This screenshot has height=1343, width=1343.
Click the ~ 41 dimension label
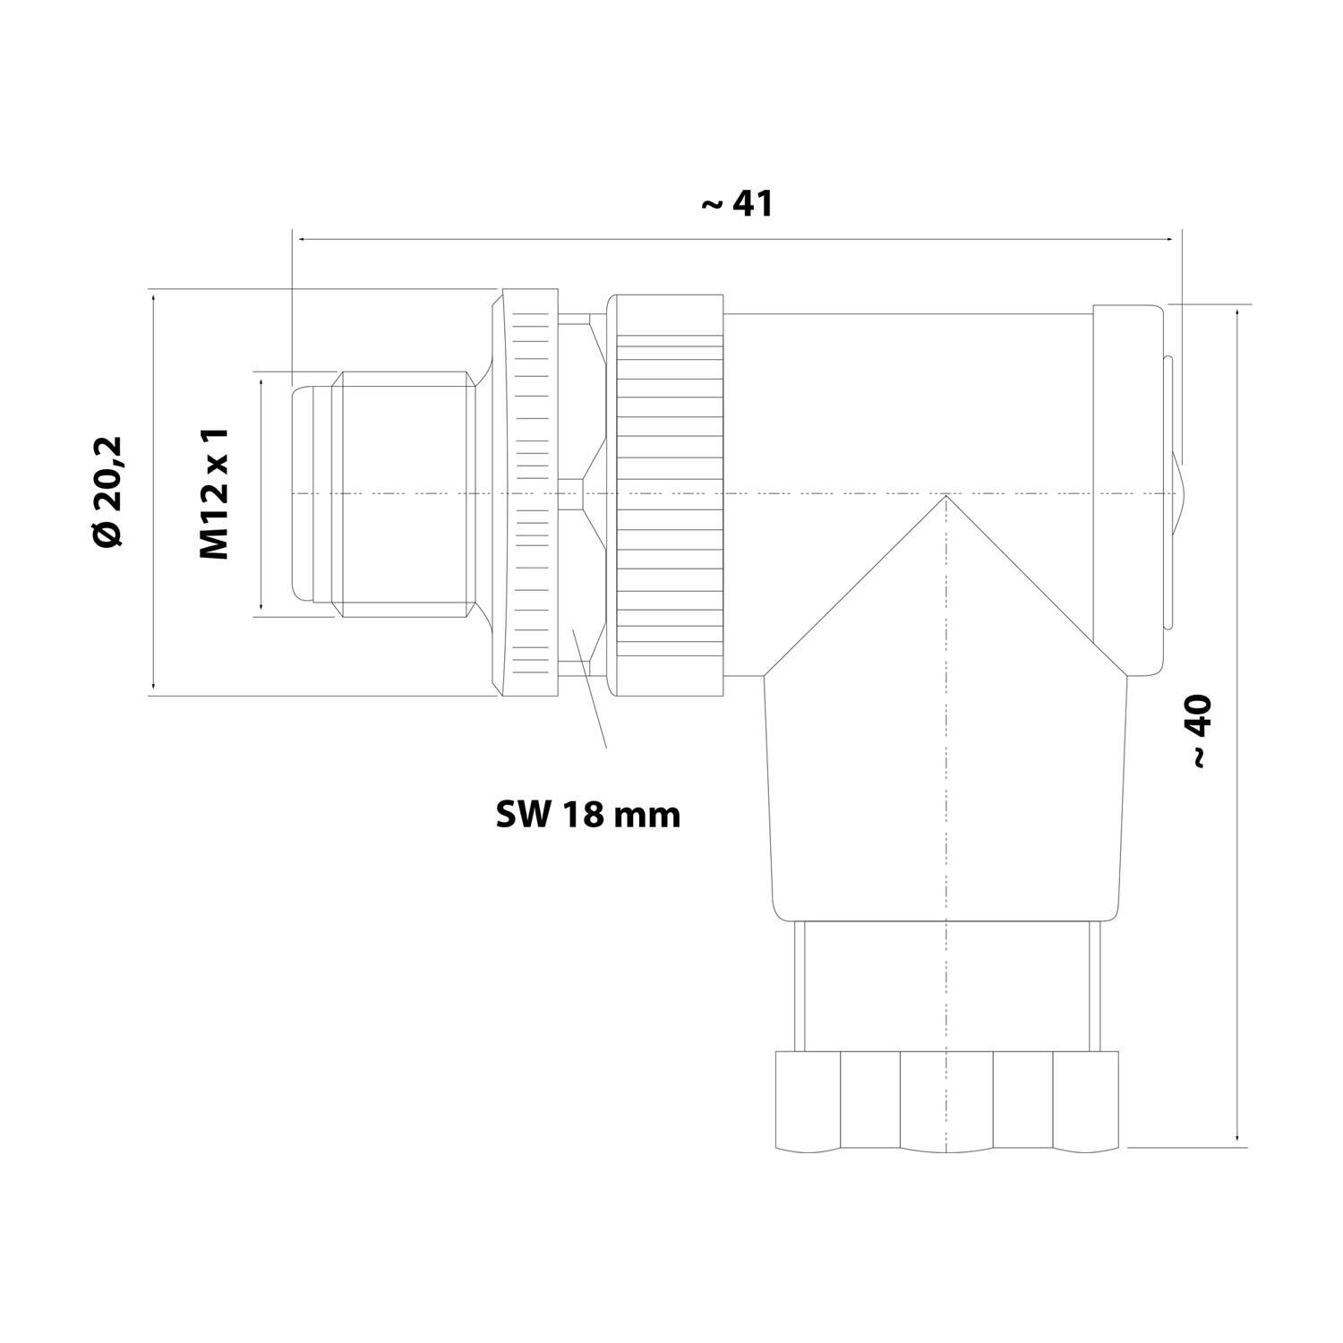pyautogui.click(x=736, y=204)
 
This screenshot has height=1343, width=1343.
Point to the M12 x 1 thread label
pyautogui.click(x=215, y=493)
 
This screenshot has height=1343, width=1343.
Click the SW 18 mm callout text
pyautogui.click(x=588, y=815)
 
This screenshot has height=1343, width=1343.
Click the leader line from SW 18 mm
pyautogui.click(x=589, y=688)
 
